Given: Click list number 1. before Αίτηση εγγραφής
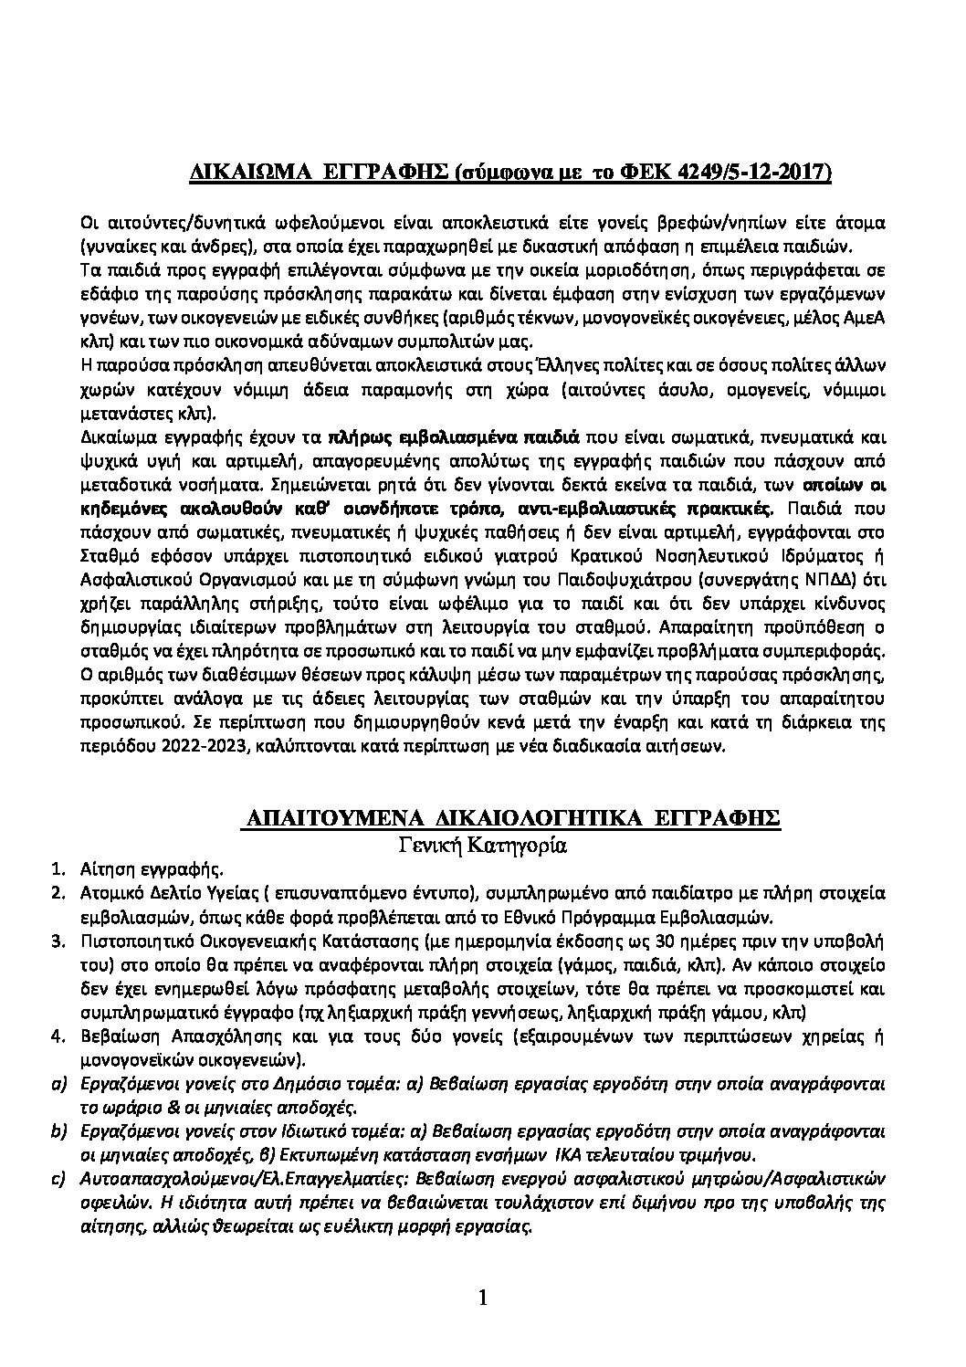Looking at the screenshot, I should [x=56, y=868].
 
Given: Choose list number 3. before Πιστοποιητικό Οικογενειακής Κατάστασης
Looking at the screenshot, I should [x=56, y=940].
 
